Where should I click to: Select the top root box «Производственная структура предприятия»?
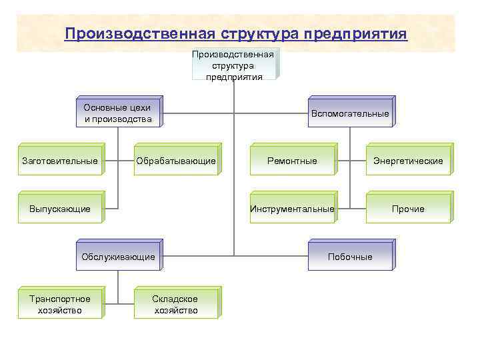tap(234, 65)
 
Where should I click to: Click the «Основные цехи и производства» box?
tap(117, 113)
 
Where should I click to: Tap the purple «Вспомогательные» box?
tap(350, 113)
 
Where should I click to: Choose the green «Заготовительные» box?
tap(60, 161)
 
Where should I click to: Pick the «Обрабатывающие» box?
tap(176, 161)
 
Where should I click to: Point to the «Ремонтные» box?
tap(292, 161)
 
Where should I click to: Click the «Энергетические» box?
tap(408, 161)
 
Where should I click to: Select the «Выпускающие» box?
tap(60, 209)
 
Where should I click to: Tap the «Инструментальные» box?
tap(292, 209)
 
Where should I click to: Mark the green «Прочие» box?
tap(408, 209)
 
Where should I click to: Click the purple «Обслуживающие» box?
tap(118, 257)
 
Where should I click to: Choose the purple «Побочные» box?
tap(350, 257)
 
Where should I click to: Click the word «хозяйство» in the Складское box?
tap(176, 310)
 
